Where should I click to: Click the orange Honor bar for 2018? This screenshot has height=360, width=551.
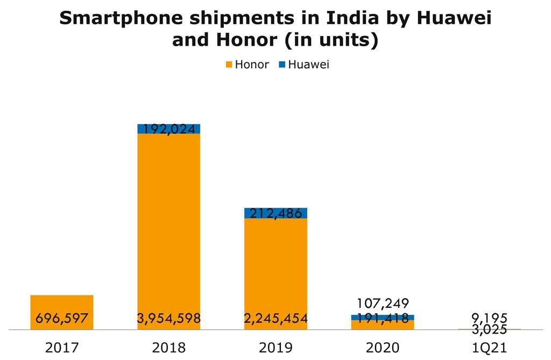click(169, 226)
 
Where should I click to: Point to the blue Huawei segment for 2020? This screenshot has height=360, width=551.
click(383, 317)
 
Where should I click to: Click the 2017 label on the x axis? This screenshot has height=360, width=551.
click(62, 348)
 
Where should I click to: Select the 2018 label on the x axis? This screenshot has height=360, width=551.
click(169, 348)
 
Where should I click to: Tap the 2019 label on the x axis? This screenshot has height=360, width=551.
click(275, 348)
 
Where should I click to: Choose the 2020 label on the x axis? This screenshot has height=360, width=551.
click(383, 348)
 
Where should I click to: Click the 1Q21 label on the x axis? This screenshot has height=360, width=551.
click(489, 348)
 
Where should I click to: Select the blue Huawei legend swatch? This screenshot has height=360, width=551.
click(281, 65)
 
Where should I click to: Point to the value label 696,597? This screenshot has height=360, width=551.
click(62, 319)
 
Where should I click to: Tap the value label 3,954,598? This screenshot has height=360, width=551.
click(169, 319)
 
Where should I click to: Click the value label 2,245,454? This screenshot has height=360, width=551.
click(275, 319)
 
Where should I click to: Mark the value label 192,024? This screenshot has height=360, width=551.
click(169, 129)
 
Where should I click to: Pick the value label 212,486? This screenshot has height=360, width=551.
click(275, 214)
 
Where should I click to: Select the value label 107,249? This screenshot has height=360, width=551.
click(383, 304)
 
